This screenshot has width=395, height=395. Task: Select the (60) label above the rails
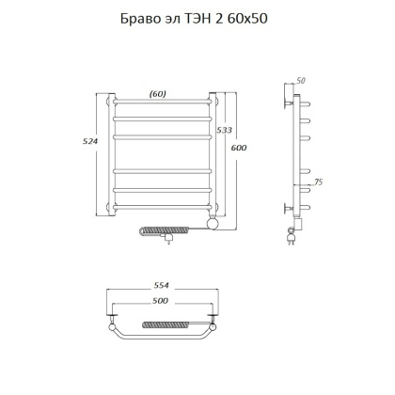coord(159,92)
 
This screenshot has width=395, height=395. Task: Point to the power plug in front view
coord(168,242)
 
